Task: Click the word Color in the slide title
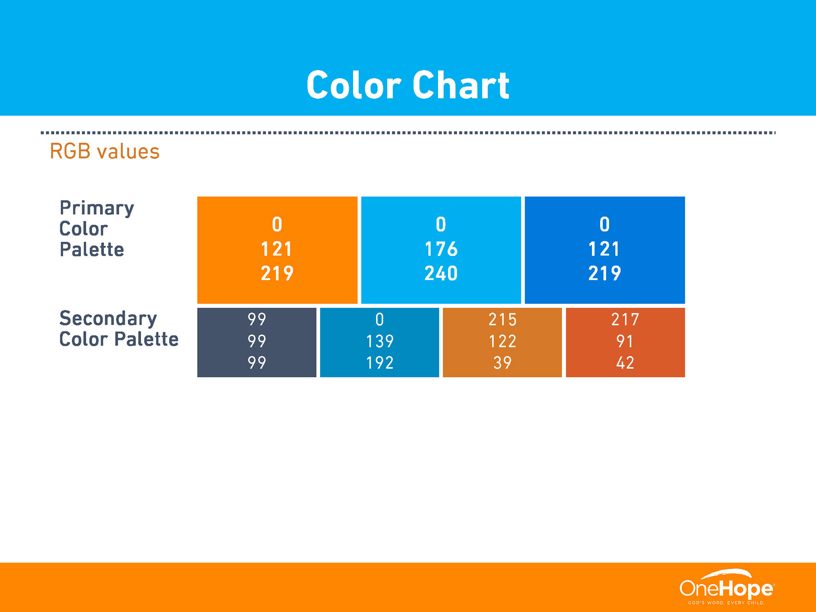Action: pyautogui.click(x=354, y=85)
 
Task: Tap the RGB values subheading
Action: pyautogui.click(x=105, y=151)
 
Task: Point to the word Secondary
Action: pyautogui.click(x=108, y=318)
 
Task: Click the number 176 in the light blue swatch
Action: pyautogui.click(x=441, y=249)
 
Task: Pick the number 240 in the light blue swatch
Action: pyautogui.click(x=441, y=273)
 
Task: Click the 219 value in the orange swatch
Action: pyautogui.click(x=277, y=273)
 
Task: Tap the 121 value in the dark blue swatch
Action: pyautogui.click(x=604, y=249)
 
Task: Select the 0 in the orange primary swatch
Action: pyautogui.click(x=277, y=224)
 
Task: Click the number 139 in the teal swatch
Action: pyautogui.click(x=380, y=341)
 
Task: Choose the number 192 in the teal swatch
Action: pyautogui.click(x=380, y=363)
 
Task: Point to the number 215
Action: pyautogui.click(x=502, y=320)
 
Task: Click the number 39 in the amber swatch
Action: pyautogui.click(x=502, y=363)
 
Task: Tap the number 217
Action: pyautogui.click(x=625, y=320)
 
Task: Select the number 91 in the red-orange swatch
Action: pyautogui.click(x=625, y=341)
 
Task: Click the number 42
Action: pyautogui.click(x=625, y=363)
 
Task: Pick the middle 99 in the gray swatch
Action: pyautogui.click(x=257, y=341)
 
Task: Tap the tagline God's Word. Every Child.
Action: pyautogui.click(x=726, y=603)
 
